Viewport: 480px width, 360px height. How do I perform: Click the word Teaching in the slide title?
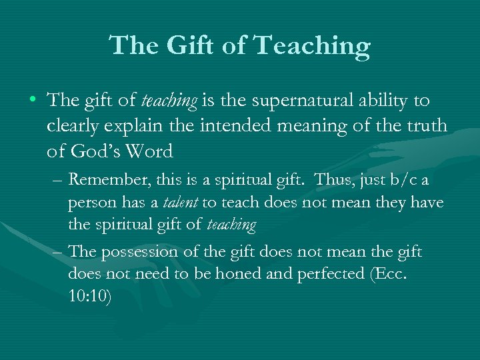tap(312, 46)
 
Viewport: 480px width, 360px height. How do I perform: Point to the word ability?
tap(385, 101)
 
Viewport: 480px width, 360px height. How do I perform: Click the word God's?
tap(89, 151)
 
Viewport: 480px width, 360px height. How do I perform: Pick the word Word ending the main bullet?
tap(153, 151)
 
